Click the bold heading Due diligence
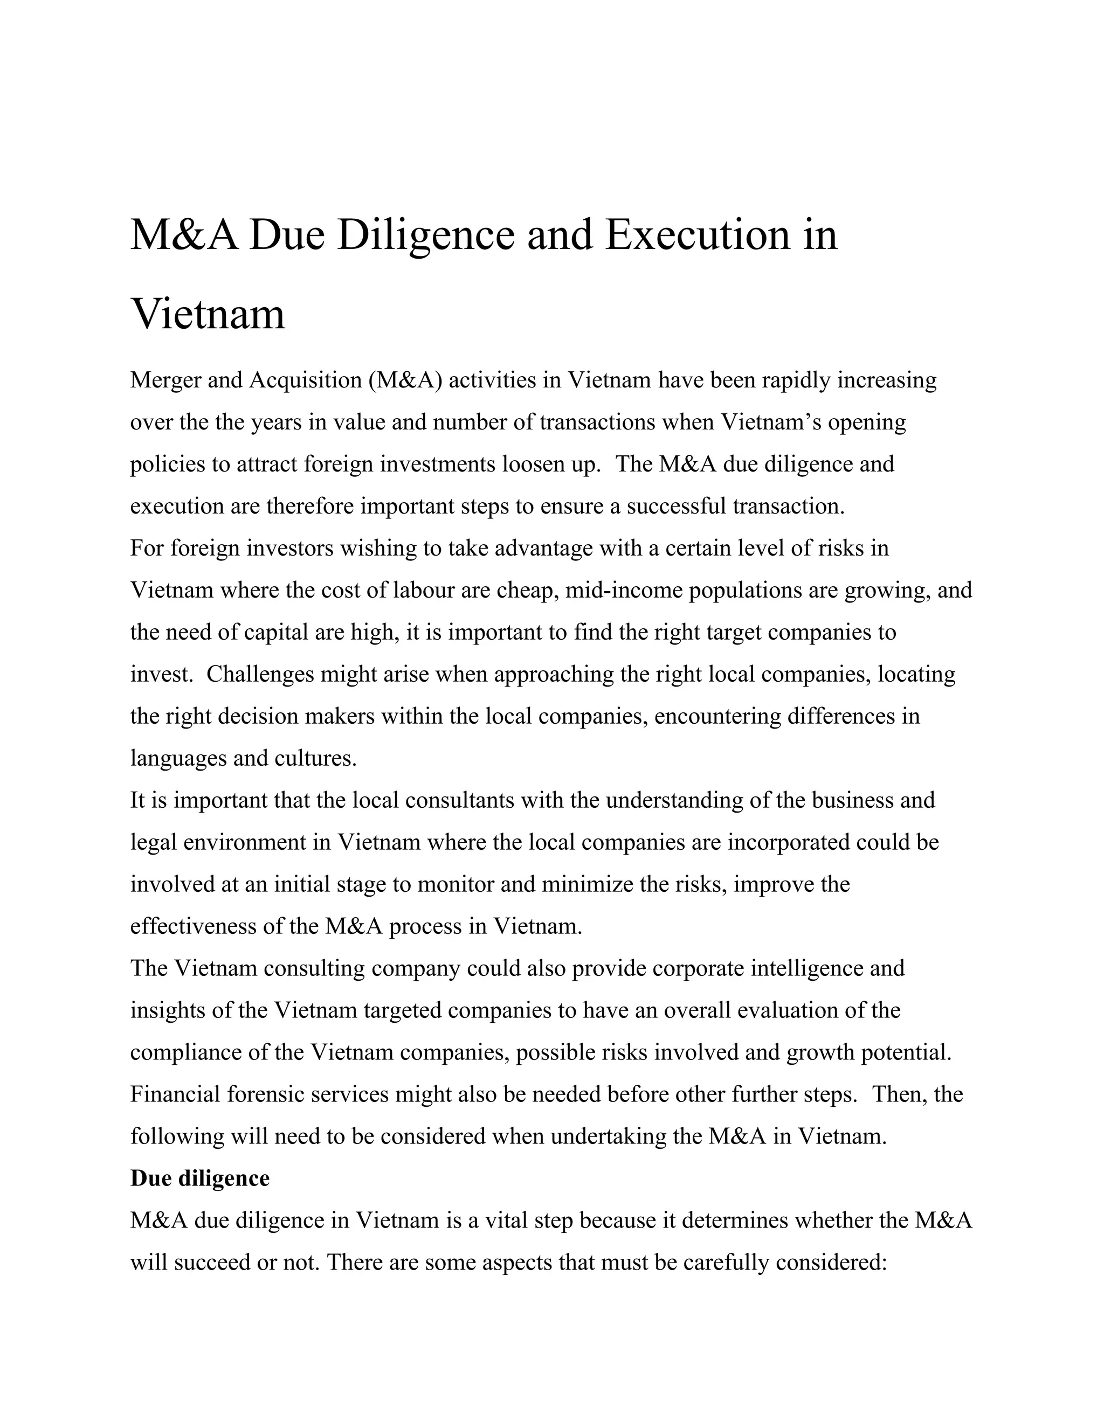[199, 1178]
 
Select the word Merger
[165, 380]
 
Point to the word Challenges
[260, 674]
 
